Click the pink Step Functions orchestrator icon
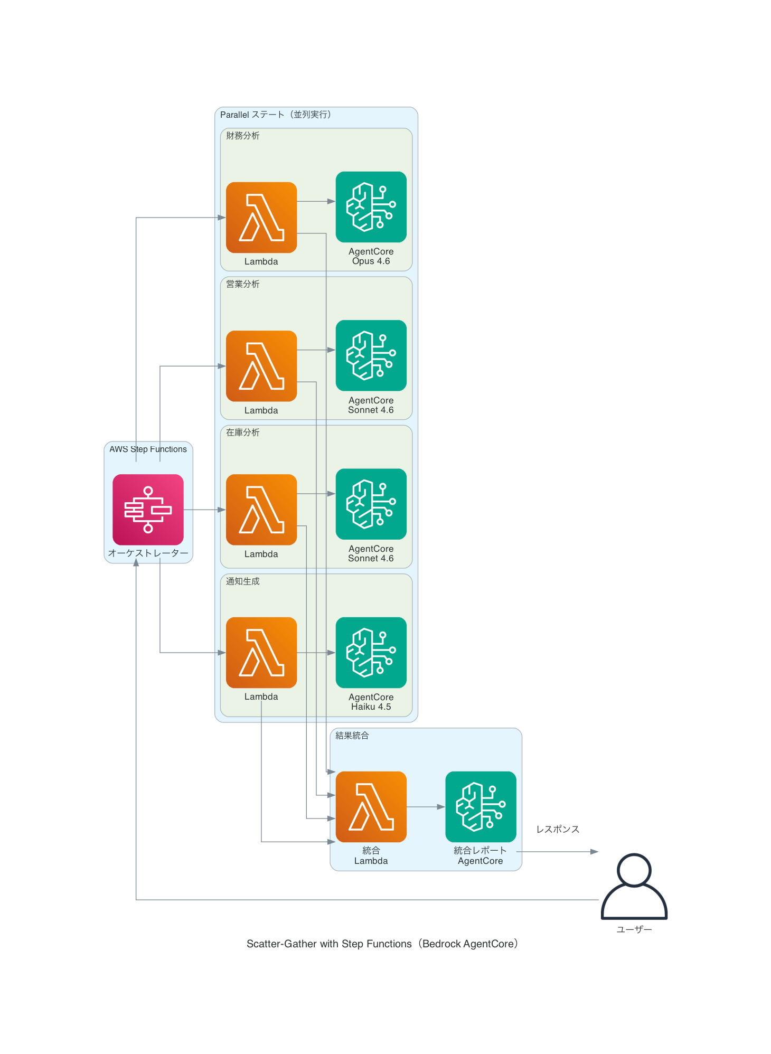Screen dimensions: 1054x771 pyautogui.click(x=148, y=509)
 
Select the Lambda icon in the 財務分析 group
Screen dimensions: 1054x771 pyautogui.click(x=261, y=217)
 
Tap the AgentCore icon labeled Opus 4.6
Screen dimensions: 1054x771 pyautogui.click(x=371, y=206)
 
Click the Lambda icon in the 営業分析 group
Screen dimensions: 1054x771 pyautogui.click(x=261, y=365)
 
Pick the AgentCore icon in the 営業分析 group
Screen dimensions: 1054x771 pyautogui.click(x=371, y=355)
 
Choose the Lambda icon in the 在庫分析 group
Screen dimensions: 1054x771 pyautogui.click(x=261, y=509)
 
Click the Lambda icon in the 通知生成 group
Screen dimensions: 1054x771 pyautogui.click(x=261, y=652)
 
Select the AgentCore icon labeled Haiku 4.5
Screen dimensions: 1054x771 pyautogui.click(x=371, y=652)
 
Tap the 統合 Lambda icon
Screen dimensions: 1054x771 pyautogui.click(x=371, y=806)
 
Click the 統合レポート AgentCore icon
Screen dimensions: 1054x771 pyautogui.click(x=481, y=806)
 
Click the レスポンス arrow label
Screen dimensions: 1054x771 pyautogui.click(x=558, y=829)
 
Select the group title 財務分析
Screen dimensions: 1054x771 pyautogui.click(x=243, y=136)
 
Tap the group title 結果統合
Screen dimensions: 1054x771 pyautogui.click(x=352, y=736)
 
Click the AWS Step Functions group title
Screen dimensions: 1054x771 pyautogui.click(x=148, y=449)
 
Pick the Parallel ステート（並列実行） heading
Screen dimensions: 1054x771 pyautogui.click(x=276, y=115)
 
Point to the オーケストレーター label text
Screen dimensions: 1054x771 pyautogui.click(x=148, y=553)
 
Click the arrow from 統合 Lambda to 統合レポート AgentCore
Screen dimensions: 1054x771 pyautogui.click(x=426, y=807)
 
